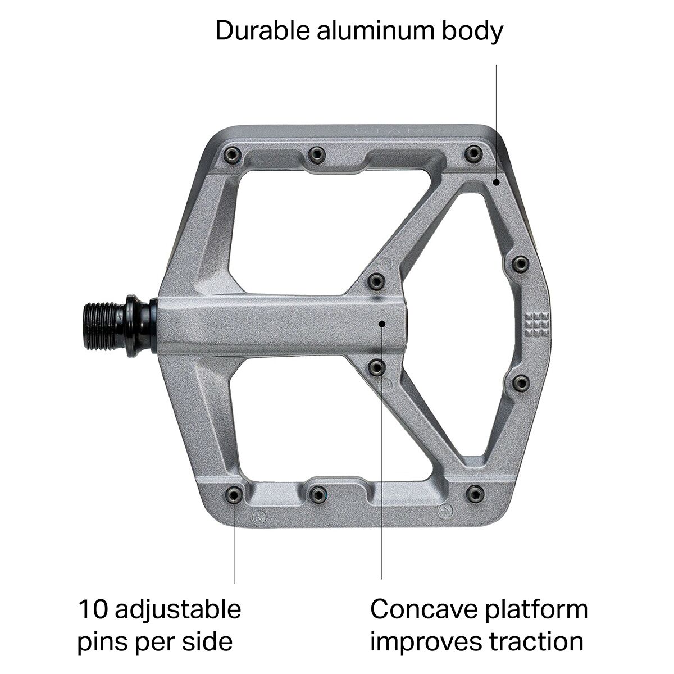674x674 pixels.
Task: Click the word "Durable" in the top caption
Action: pos(263,31)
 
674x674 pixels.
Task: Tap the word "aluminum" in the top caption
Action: pos(375,31)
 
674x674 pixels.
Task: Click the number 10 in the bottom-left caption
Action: pos(93,609)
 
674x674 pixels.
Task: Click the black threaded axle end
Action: pos(104,327)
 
